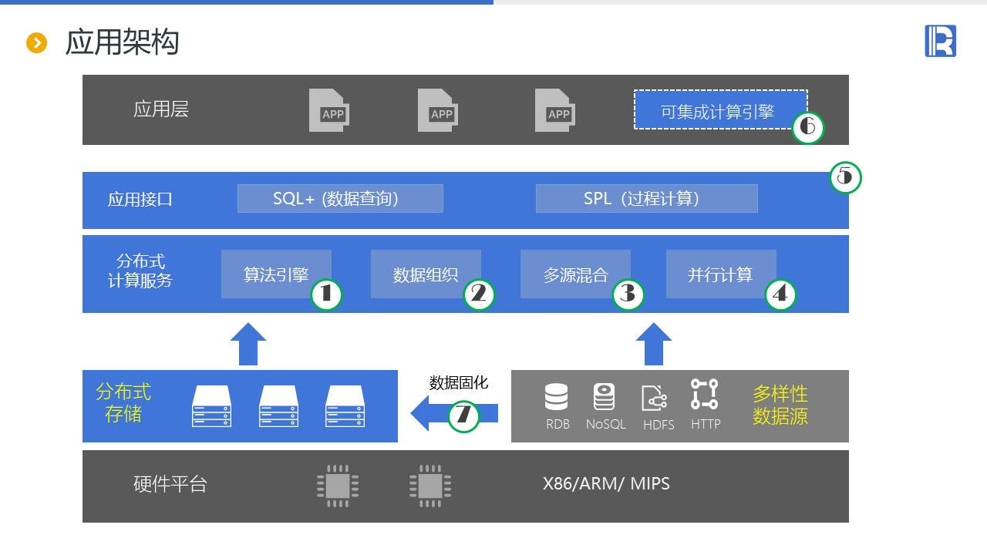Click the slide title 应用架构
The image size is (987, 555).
coord(122,42)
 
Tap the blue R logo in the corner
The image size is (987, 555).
coord(940,41)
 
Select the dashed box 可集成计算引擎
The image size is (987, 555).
coord(717,110)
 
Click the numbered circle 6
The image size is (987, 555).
coord(808,127)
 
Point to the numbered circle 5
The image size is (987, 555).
coord(845,177)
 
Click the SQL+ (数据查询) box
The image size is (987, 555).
coord(340,198)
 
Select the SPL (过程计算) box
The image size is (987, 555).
coord(646,198)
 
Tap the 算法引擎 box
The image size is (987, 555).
coord(276,274)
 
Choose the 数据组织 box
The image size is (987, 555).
coord(426,274)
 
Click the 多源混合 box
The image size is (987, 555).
coord(575,274)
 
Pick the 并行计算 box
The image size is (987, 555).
coord(720,274)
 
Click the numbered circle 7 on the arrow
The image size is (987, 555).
coord(463,415)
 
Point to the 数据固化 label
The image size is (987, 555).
coord(458,382)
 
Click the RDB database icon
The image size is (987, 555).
coord(556,396)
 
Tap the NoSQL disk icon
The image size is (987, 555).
coord(604,396)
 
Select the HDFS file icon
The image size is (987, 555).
coord(655,399)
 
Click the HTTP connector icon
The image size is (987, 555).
coord(704,394)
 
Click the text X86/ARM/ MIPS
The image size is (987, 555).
coord(606,484)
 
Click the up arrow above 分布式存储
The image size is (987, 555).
coord(248,344)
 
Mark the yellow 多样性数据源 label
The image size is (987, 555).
coord(780,405)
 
